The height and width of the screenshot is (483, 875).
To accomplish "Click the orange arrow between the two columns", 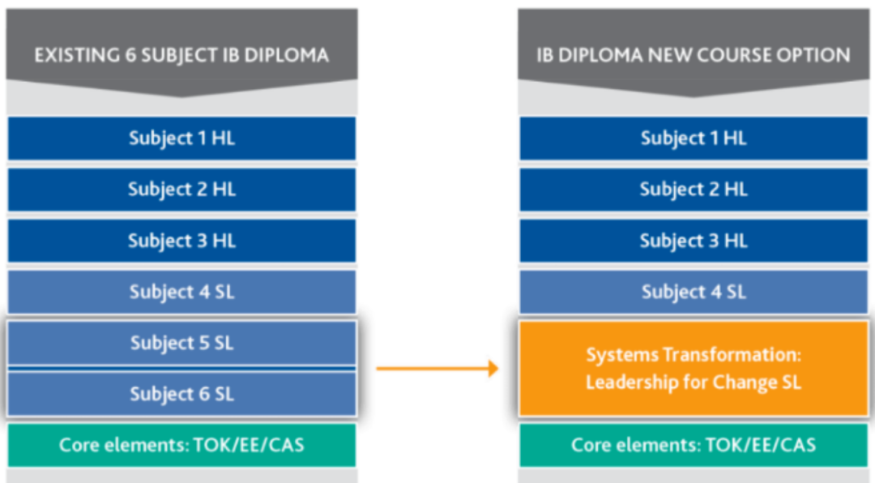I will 437,369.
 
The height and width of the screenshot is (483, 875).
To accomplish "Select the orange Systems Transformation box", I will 693,368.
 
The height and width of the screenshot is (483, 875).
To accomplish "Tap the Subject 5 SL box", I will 181,343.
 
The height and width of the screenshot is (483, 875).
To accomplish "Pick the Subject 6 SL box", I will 181,394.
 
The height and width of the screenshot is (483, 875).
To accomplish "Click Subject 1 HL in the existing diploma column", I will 181,139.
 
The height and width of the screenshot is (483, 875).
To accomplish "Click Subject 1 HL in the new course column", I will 693,139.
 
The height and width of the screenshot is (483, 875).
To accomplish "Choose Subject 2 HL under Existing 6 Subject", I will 181,190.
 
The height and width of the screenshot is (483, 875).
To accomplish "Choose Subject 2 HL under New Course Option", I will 693,190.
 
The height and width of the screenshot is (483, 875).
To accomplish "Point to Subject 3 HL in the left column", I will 181,241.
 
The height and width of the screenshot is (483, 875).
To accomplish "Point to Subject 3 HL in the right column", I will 693,241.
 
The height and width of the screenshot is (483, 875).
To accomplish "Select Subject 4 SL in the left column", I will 181,292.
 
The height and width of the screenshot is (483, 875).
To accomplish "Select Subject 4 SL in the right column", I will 693,292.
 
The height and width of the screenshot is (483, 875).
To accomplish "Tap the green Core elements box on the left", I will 181,444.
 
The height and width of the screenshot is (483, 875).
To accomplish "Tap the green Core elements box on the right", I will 693,444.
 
